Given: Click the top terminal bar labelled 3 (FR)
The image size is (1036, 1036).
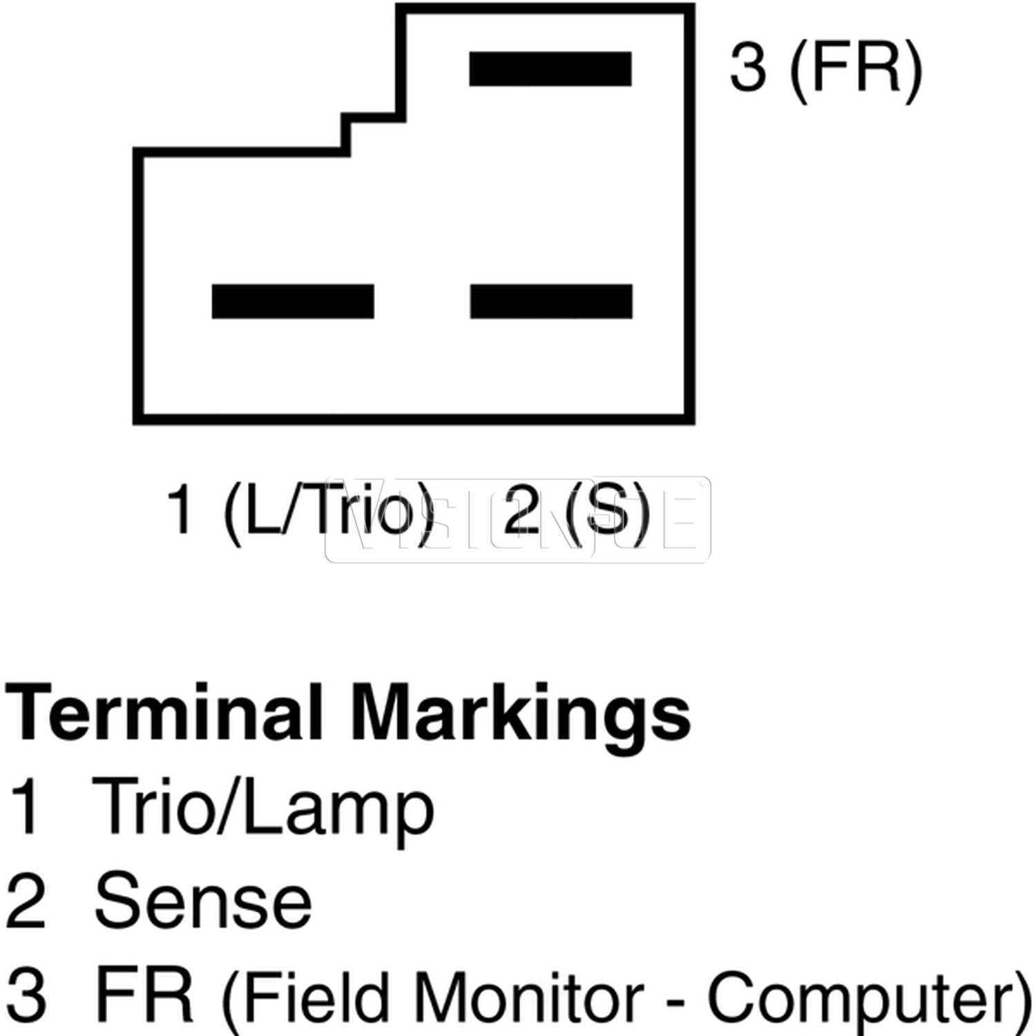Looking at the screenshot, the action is point(550,68).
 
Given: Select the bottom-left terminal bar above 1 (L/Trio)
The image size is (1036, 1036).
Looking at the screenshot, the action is point(293,301).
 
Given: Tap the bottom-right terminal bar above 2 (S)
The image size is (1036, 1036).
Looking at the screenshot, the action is point(551,301).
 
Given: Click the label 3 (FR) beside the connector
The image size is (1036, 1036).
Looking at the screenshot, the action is point(826,68).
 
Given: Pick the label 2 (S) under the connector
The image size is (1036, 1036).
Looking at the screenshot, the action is point(577,510).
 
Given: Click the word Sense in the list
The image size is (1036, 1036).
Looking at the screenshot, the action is point(203,901).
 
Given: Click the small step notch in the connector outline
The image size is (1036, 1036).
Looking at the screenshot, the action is point(345,131).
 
